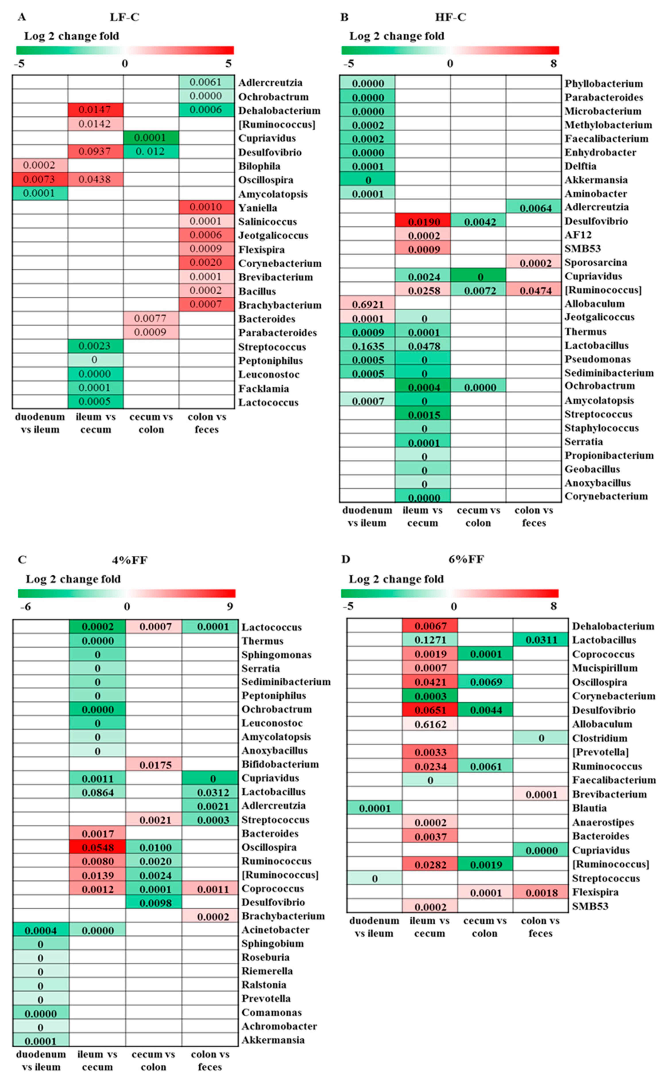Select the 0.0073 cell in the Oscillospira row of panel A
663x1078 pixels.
(x=39, y=179)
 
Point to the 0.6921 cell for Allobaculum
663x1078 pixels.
(x=367, y=303)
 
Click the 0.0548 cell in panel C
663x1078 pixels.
(x=97, y=847)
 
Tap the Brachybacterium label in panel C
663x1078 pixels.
(x=283, y=916)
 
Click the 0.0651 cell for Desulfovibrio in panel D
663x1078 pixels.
(x=430, y=710)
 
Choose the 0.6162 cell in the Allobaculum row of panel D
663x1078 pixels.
(x=430, y=724)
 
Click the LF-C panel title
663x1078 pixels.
(x=125, y=17)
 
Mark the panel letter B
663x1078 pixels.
(x=345, y=17)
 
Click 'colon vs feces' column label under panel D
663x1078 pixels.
(x=540, y=927)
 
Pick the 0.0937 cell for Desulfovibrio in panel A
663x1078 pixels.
(x=95, y=152)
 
